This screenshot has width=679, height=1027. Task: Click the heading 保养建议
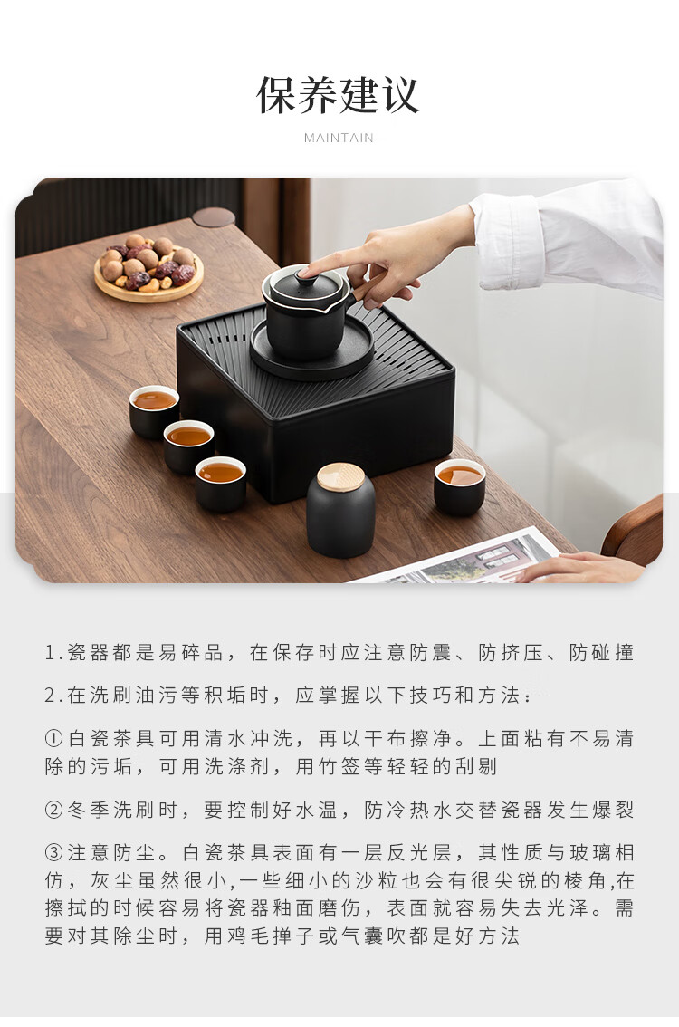click(x=338, y=96)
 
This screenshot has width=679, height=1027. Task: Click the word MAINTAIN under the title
click(x=339, y=139)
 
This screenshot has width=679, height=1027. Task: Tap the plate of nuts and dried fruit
click(x=148, y=269)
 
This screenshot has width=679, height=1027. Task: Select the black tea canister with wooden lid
click(x=340, y=510)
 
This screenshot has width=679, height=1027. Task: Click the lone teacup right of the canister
click(x=460, y=486)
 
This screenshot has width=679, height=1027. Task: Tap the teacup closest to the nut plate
click(x=154, y=411)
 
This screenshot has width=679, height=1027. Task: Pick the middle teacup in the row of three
click(x=188, y=446)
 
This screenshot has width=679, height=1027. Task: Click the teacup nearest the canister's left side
click(x=221, y=484)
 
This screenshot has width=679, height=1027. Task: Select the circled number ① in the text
click(x=53, y=739)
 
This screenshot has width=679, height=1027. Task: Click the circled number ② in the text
click(x=53, y=811)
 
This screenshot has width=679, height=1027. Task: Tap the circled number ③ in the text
click(x=53, y=853)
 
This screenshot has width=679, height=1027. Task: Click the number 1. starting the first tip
click(x=53, y=653)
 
